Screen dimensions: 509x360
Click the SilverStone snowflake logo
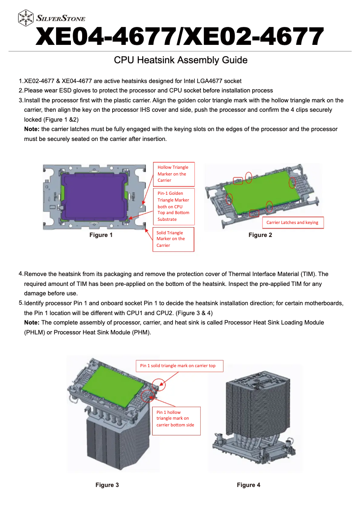pos(26,18)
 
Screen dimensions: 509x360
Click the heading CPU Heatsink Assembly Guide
pos(180,60)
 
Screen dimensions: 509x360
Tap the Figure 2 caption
pos(260,235)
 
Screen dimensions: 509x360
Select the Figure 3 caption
pos(107,485)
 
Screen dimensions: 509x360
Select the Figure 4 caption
pos(249,485)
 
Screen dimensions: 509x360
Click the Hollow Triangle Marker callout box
pos(174,174)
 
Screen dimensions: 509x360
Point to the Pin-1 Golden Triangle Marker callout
pos(174,206)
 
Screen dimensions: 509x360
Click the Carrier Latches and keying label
pos(292,223)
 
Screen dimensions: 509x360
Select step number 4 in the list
pos(21,274)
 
